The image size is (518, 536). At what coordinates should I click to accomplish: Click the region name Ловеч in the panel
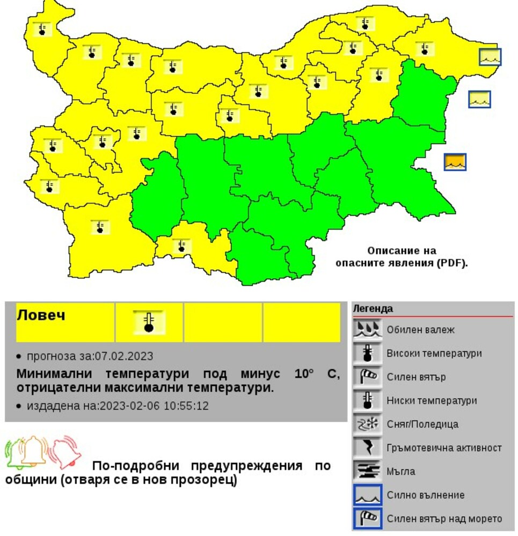41,315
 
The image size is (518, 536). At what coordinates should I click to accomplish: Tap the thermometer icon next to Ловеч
149,322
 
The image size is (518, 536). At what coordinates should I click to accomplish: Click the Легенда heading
373,309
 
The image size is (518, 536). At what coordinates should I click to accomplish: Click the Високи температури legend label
434,353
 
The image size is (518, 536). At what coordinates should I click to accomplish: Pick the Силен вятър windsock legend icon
367,377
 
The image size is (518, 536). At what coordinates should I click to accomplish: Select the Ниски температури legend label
432,400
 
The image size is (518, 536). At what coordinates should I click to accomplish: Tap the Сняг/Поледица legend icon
367,424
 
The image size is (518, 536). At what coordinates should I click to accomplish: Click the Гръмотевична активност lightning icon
367,448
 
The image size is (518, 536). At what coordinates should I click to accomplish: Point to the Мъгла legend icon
367,471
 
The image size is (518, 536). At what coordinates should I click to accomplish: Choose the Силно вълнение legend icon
367,495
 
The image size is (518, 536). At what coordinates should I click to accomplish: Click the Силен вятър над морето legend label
444,518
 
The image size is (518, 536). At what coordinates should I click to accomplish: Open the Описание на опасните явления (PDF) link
402,257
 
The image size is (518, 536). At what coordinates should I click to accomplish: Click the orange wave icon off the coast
455,162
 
